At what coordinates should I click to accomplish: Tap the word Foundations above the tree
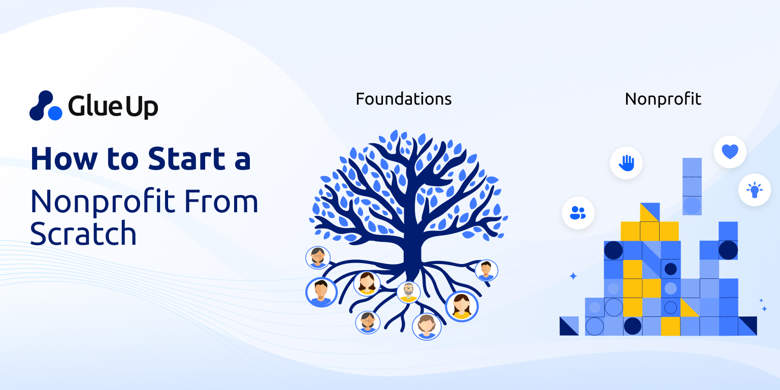pos(404,99)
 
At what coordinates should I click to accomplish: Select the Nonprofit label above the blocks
pos(663,99)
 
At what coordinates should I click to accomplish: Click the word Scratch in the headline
pos(83,234)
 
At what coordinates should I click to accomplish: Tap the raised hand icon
pos(626,163)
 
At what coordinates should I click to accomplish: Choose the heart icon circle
pos(730,152)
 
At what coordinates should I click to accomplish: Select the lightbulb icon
pos(754,190)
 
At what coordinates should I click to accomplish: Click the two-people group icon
pos(578,212)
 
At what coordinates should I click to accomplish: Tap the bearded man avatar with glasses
pos(408,292)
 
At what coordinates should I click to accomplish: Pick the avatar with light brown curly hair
pos(427,326)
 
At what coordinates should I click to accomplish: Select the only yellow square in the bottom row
pos(670,326)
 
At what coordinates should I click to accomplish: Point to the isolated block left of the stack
pos(569,326)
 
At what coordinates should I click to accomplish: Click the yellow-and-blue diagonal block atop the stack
pos(649,212)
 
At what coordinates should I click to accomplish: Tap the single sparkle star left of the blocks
pos(573,276)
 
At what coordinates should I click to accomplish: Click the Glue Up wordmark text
pos(113,106)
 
